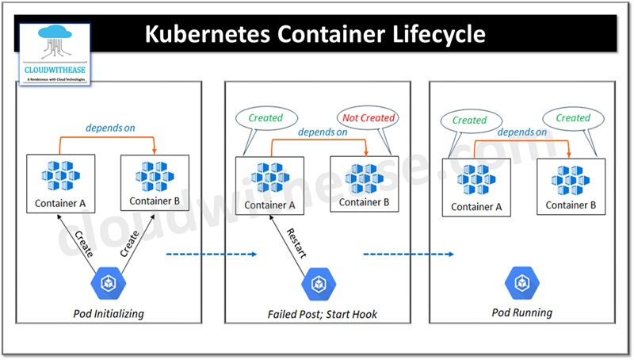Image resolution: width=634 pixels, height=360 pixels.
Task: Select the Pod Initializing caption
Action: [x=109, y=313]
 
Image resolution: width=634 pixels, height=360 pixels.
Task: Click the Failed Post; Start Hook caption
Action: [x=323, y=314]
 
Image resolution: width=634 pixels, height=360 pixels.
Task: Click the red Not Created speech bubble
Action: [x=367, y=117]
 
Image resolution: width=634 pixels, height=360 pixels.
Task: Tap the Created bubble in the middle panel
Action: [x=265, y=117]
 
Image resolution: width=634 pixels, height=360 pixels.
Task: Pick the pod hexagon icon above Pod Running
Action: [x=522, y=281]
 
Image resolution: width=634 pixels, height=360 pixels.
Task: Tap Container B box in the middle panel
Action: [x=365, y=185]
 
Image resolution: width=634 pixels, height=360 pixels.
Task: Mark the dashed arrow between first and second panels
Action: [x=212, y=255]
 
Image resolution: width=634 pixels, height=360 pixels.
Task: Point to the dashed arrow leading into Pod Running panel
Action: [x=408, y=255]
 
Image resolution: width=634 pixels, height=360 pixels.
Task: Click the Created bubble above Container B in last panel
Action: [x=573, y=118]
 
